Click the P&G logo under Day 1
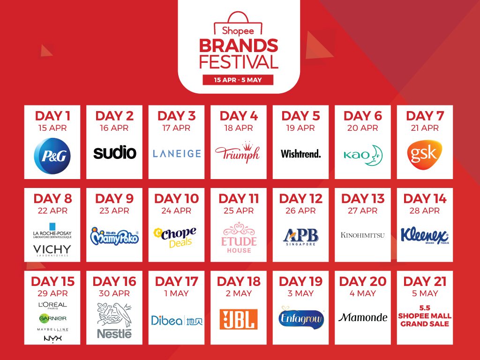[52, 156]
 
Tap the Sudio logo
[114, 153]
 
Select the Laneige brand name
[177, 153]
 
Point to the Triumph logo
[238, 152]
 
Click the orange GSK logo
[425, 155]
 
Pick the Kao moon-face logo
[363, 155]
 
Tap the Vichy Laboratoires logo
[52, 250]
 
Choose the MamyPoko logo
[114, 236]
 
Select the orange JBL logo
[239, 319]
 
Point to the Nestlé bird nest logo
[114, 321]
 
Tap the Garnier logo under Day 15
[52, 318]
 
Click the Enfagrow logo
[301, 318]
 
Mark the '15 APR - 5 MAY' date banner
[238, 80]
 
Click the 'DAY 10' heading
[177, 199]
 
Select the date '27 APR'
[362, 210]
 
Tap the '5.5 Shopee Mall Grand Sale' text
[425, 316]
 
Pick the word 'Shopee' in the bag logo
[238, 31]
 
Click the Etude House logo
[239, 238]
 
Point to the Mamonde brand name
[363, 317]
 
